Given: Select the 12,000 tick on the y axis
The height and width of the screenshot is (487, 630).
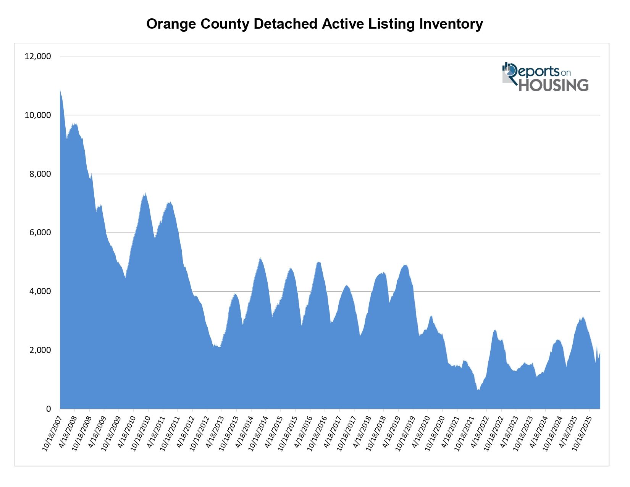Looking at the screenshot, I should pos(37,57).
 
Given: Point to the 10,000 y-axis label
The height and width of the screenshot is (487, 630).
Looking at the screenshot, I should pos(37,115).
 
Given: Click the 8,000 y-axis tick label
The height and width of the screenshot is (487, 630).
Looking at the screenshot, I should pos(40,174).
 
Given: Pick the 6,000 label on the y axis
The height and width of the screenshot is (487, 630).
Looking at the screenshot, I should pos(40,233).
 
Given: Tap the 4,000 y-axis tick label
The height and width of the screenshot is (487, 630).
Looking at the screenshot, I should pos(40,291).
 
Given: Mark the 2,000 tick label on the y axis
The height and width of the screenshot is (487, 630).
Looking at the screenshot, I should pos(40,350).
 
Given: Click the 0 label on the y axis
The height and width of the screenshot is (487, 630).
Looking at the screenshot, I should pos(48,409).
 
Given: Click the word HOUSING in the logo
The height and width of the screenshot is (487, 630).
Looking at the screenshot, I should pos(553,85).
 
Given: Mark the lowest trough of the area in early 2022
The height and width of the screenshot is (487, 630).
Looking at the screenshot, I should pos(478,390).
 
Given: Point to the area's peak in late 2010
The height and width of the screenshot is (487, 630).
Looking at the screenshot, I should pos(146,193).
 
